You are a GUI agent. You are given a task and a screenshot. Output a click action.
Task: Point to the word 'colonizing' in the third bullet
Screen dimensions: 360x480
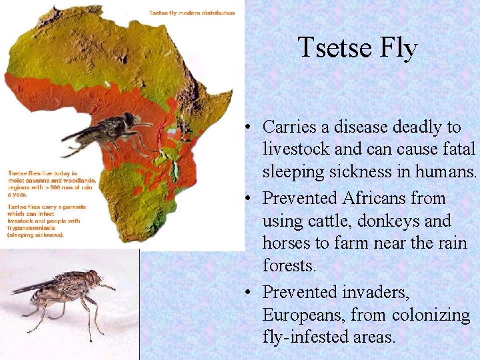pos(430,315)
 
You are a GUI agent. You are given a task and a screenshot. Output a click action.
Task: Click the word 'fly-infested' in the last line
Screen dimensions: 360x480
pos(306,337)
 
